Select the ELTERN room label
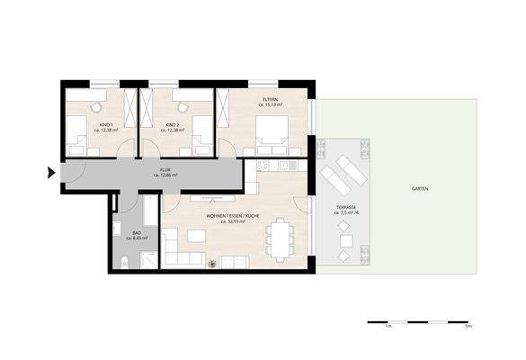tap(271, 99)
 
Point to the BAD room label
tap(137, 233)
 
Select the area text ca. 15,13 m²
tap(271, 105)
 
